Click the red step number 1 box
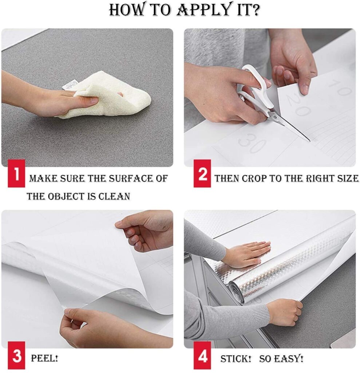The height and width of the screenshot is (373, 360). (16, 173)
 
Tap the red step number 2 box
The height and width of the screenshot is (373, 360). (202, 173)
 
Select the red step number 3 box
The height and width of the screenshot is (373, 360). (16, 356)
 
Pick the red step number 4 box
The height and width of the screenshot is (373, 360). (202, 356)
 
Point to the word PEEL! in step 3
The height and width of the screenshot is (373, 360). (44, 358)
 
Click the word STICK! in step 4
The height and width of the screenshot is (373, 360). (236, 359)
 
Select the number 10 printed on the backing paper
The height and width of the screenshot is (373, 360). (340, 87)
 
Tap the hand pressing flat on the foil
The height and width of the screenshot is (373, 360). (247, 254)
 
